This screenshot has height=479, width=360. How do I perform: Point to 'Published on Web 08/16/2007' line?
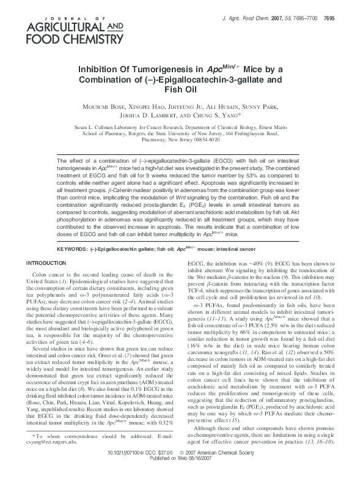click(180, 474)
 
